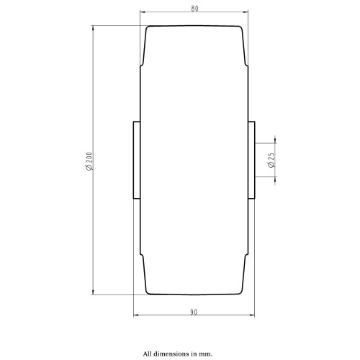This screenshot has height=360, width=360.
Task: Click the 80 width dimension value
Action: (x=194, y=9)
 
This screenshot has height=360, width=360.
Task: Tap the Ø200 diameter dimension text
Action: (x=89, y=161)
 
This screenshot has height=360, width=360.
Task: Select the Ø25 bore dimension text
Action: (x=271, y=160)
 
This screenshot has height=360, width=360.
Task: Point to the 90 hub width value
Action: (x=194, y=312)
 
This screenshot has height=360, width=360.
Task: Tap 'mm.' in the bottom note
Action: (x=206, y=354)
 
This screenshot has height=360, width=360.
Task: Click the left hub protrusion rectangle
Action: (x=137, y=160)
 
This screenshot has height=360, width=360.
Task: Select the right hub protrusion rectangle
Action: (x=251, y=160)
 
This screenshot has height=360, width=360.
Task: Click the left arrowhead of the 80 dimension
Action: (x=143, y=12)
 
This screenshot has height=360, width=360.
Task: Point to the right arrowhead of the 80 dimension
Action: (x=246, y=12)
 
